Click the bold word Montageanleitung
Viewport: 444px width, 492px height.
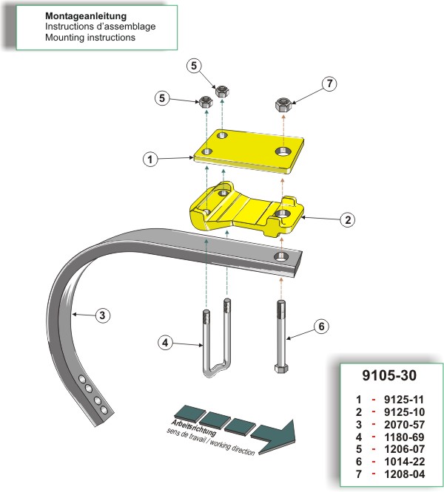coord(86,16)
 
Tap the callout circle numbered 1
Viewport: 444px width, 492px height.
coord(149,159)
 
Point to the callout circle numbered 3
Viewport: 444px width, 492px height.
coord(104,316)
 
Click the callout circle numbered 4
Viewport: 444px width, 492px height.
coord(166,342)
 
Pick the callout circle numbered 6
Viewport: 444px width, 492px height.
coord(321,326)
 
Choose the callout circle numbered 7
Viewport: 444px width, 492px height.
coord(330,85)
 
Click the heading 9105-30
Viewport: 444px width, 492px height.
coord(391,375)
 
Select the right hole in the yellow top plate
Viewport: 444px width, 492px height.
coord(283,151)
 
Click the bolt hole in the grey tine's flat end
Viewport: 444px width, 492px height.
coord(281,256)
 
